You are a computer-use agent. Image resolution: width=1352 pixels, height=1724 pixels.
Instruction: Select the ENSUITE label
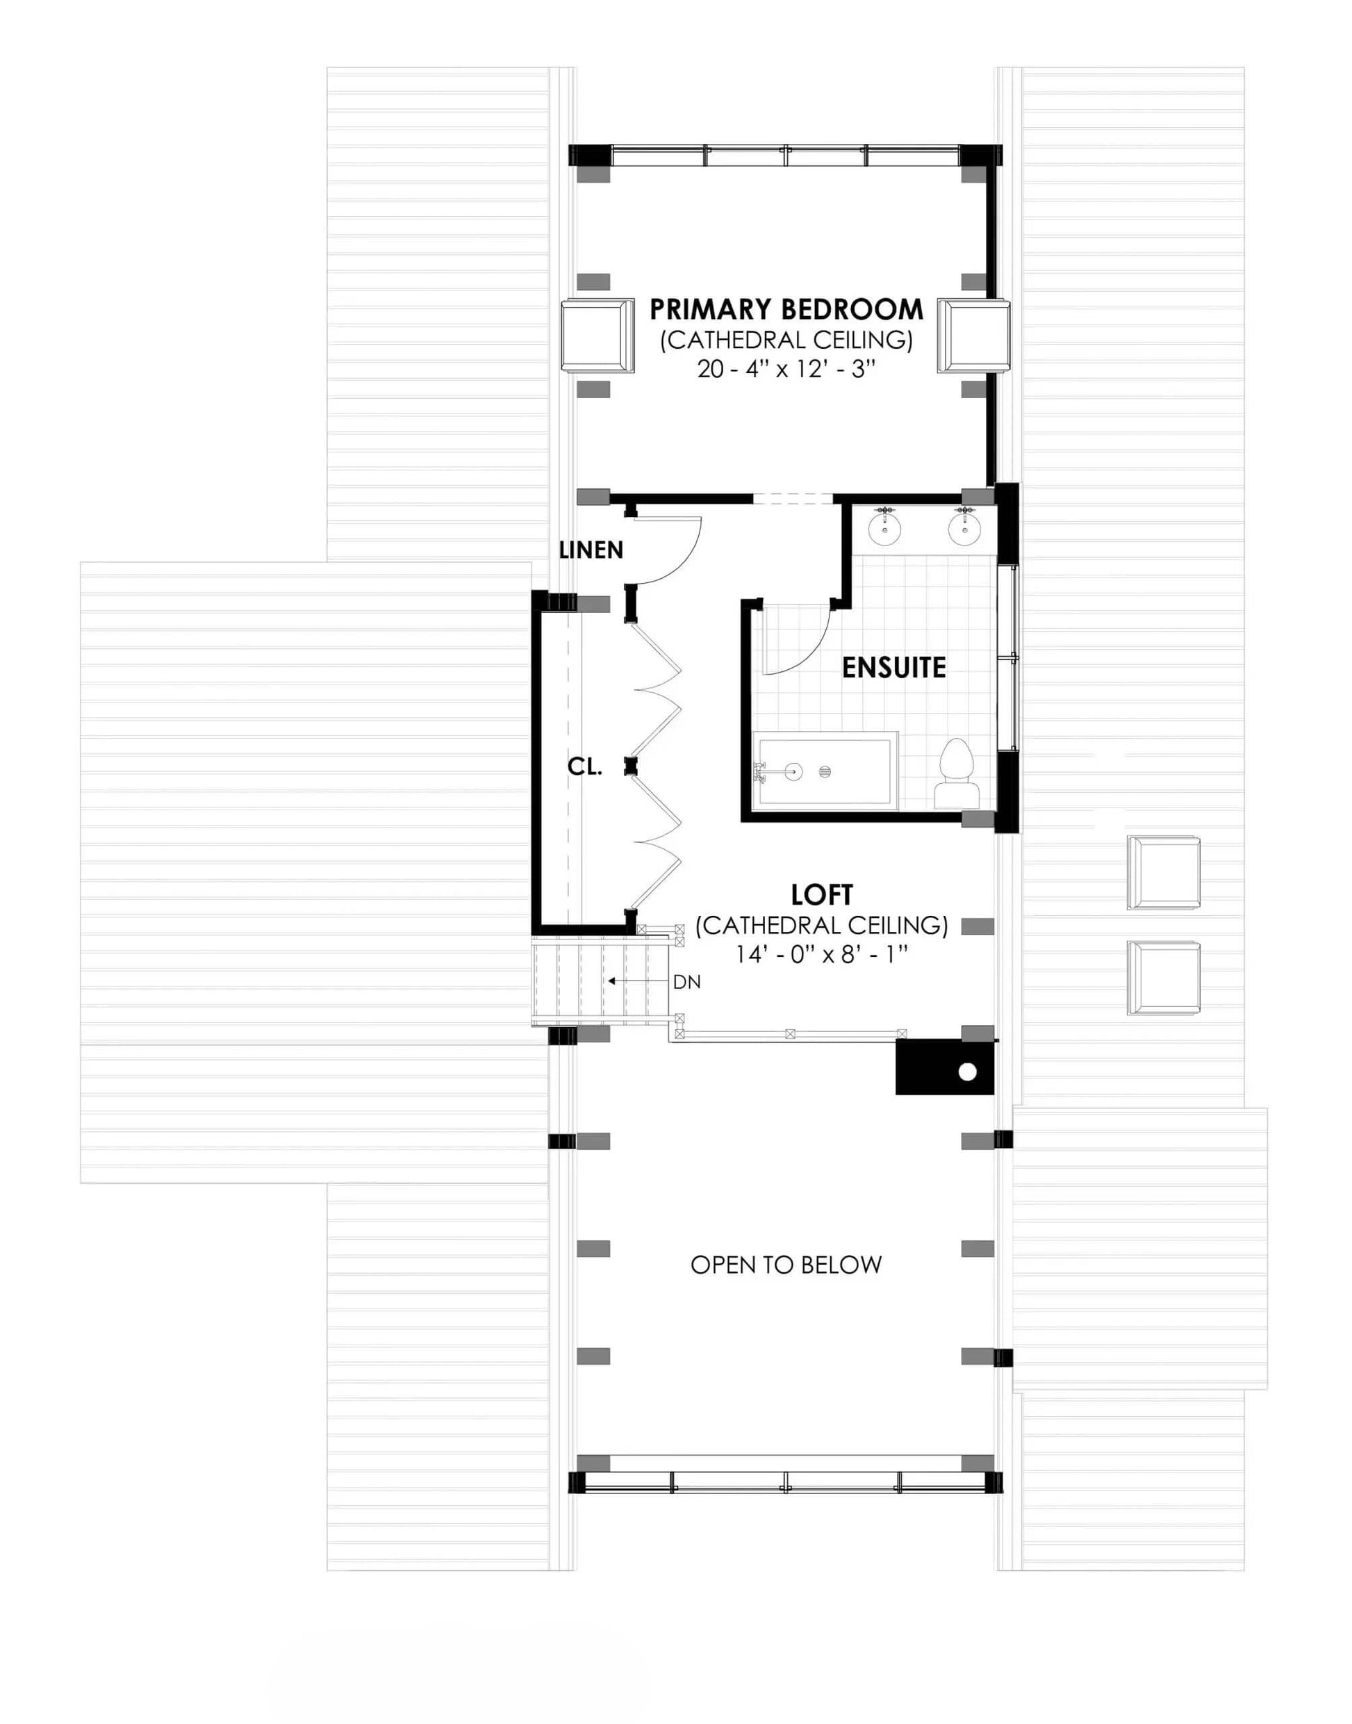[893, 667]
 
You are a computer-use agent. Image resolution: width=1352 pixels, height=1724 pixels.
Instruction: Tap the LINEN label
[591, 550]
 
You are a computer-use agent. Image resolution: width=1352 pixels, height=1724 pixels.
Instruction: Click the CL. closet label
[585, 766]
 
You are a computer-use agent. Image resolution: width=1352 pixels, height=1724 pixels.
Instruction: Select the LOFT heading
[822, 895]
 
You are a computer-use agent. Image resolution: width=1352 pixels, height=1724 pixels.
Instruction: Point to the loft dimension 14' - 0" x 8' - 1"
[822, 955]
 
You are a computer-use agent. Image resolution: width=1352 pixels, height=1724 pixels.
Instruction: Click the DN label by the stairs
[687, 983]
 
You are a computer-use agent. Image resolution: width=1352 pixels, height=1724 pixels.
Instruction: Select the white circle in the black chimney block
[967, 1073]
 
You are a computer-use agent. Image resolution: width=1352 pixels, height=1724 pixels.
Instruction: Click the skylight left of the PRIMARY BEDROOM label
[597, 336]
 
